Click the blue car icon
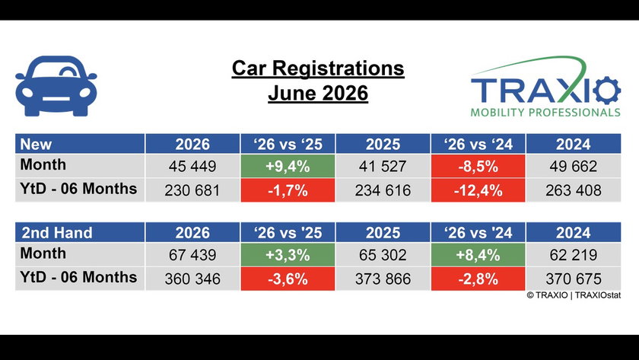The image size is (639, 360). (56, 86)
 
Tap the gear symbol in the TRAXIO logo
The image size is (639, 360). (607, 90)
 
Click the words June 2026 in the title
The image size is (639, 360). (318, 93)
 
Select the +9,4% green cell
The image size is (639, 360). (288, 167)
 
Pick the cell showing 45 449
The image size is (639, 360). (192, 167)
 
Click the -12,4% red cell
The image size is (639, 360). (478, 190)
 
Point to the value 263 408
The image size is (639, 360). (574, 190)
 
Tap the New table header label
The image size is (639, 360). (36, 145)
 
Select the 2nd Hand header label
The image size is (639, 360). (57, 233)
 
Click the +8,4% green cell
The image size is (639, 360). (478, 255)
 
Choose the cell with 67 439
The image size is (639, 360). (192, 255)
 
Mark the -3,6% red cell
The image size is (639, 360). (288, 279)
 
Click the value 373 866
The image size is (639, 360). (383, 279)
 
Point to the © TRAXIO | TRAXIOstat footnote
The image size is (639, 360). (574, 295)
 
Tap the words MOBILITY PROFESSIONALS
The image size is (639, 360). (545, 112)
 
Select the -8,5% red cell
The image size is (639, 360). (478, 167)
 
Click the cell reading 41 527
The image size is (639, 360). (383, 167)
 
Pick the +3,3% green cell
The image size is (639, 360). (288, 255)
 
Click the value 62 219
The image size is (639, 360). (574, 255)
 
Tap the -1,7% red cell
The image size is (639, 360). (288, 190)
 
